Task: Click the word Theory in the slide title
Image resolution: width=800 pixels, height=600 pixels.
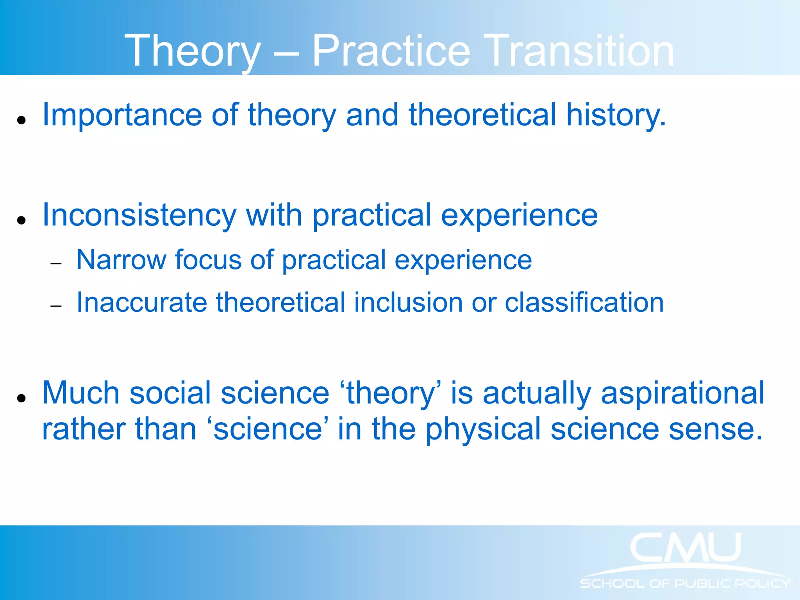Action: click(x=192, y=51)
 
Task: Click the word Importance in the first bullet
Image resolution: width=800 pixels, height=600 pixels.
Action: click(x=122, y=115)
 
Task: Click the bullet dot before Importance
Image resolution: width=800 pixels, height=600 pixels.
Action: click(x=21, y=120)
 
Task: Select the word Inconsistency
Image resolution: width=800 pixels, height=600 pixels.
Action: click(x=139, y=216)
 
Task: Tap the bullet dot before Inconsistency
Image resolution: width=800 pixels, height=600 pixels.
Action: click(x=21, y=220)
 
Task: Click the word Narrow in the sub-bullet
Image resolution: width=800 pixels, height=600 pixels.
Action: click(x=121, y=260)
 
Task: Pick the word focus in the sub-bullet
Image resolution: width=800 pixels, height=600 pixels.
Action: click(x=208, y=260)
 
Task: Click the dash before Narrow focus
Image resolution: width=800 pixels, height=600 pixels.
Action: click(x=56, y=264)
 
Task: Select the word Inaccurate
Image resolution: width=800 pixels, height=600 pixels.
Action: click(x=141, y=303)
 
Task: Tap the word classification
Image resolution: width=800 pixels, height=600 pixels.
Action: click(x=584, y=303)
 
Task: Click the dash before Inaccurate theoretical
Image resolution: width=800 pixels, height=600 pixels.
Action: click(x=56, y=306)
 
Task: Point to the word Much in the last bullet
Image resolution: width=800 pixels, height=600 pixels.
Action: click(x=80, y=393)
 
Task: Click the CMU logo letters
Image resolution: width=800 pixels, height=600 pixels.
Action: click(x=686, y=548)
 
